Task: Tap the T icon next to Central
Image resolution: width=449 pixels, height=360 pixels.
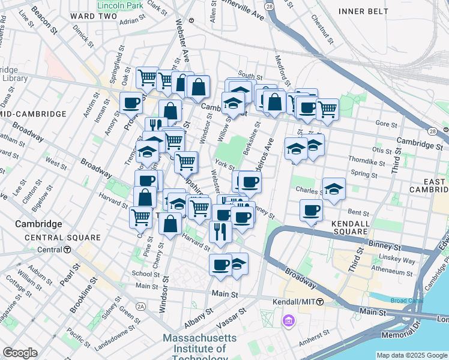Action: tap(68, 250)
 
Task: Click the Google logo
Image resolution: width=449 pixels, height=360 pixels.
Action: tap(20, 353)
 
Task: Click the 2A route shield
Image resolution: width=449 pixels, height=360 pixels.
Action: tap(140, 306)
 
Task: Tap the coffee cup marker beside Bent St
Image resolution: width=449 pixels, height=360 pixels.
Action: tap(312, 211)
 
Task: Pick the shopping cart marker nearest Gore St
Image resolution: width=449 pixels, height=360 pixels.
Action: tap(327, 109)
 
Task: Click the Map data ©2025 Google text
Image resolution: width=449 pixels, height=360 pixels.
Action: tap(411, 355)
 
